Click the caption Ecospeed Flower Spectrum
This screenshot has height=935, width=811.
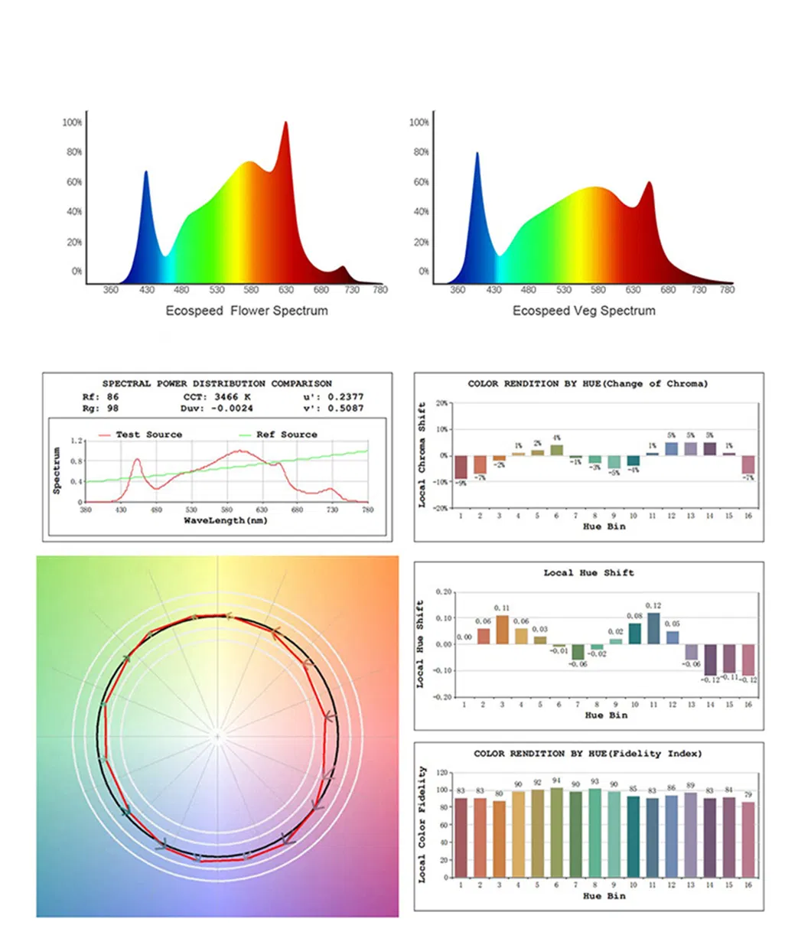[x=246, y=311]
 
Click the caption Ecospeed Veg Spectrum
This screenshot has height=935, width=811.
[x=584, y=311]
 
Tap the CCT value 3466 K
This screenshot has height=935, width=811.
[x=227, y=397]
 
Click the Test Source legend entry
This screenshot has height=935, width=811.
[x=148, y=435]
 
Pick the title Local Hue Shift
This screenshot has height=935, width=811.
[x=589, y=572]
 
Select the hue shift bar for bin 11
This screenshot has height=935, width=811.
[x=653, y=628]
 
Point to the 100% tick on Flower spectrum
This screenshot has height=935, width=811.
[x=73, y=122]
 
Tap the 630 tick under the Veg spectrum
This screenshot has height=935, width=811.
[x=633, y=290]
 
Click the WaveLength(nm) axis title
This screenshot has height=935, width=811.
[x=225, y=520]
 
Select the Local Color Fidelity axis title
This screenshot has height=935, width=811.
[x=421, y=825]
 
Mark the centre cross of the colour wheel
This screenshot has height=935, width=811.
[x=218, y=737]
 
